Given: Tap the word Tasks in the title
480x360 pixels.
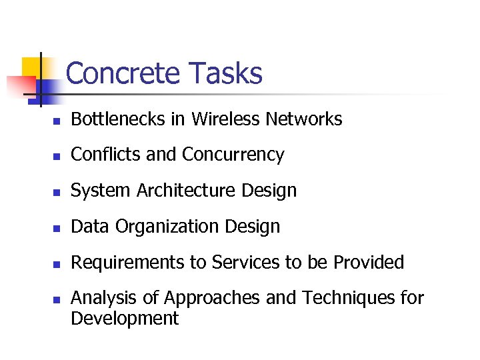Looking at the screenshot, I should click(225, 73).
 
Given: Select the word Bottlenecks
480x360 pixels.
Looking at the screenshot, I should click(109, 119).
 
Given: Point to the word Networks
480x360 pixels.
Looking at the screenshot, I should click(304, 119).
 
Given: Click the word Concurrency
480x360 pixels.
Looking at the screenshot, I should click(233, 155).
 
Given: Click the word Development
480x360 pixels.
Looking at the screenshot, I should click(125, 318).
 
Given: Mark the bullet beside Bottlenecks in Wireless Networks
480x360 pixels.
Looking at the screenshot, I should click(57, 121).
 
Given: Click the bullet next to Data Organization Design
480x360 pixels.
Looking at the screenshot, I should click(57, 229).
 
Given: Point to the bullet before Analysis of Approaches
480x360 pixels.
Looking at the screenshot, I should click(57, 300).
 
